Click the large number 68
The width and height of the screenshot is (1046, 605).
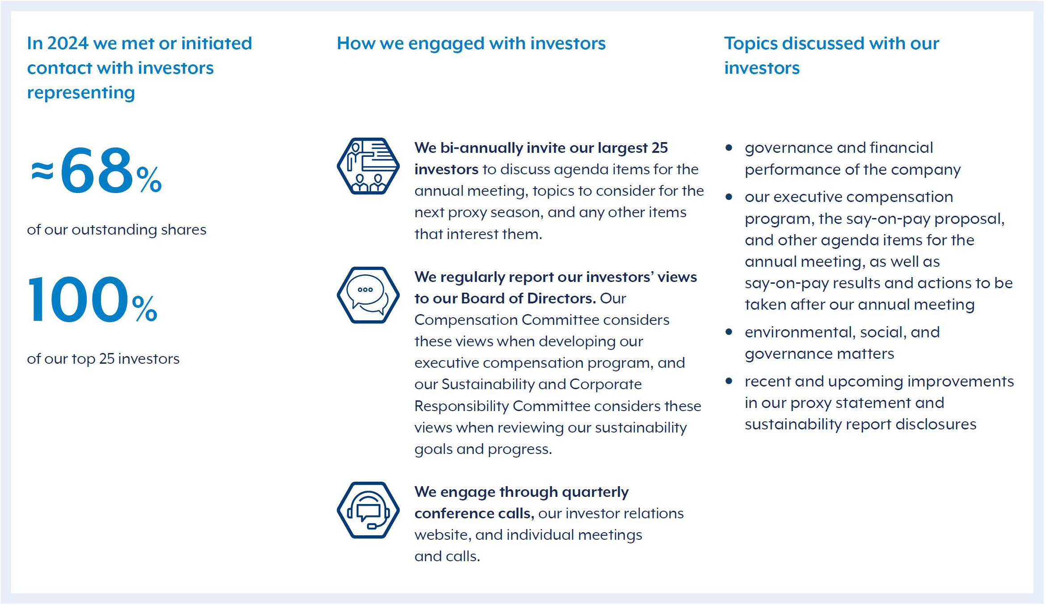tap(97, 171)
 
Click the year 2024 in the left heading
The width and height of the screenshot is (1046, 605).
tap(67, 43)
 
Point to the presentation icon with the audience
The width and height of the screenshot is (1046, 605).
tap(368, 166)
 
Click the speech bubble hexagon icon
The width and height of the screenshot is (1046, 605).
tap(368, 295)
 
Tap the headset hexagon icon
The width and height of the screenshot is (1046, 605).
tap(368, 510)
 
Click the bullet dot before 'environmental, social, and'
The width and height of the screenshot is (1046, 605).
tap(729, 332)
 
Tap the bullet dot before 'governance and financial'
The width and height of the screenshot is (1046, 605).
tap(729, 147)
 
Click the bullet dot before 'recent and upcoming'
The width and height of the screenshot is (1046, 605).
tap(729, 381)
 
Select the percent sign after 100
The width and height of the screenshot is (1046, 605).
tap(144, 309)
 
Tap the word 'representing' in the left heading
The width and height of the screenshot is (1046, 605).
tap(81, 92)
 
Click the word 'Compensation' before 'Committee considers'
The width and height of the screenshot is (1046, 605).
tap(466, 320)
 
